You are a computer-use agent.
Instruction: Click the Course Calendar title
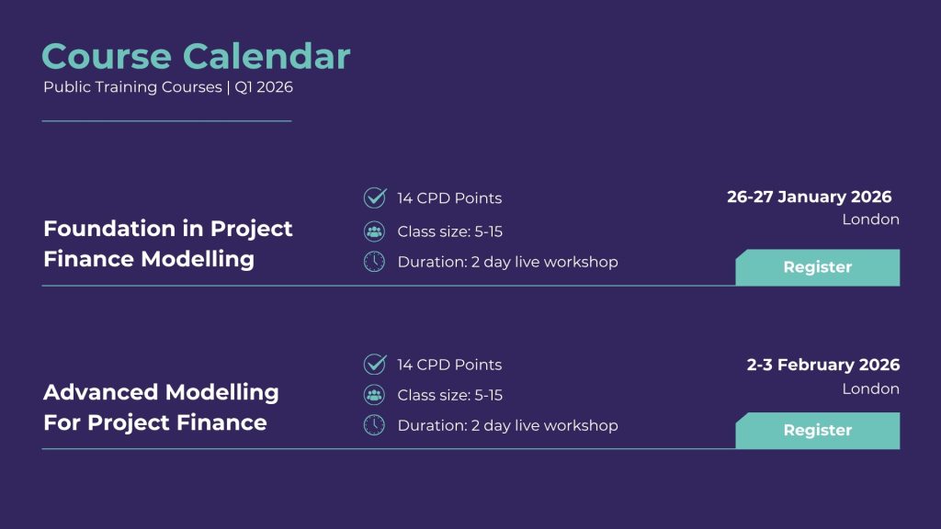coord(196,56)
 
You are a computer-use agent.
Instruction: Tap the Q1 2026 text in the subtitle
coord(264,87)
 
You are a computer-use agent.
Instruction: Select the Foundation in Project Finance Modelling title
coord(168,243)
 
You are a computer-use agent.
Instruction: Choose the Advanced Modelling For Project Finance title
coord(161,407)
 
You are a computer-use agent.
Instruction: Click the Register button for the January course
coord(817,267)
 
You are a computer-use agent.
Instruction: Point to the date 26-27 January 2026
coord(809,197)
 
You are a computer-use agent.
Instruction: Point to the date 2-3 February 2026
coord(822,365)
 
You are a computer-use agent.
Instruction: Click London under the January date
coord(870,219)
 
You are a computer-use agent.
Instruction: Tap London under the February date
coord(870,388)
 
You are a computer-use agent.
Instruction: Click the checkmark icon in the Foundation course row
coord(375,197)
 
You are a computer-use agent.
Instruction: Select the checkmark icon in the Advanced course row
coord(375,364)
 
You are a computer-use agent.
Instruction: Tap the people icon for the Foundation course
coord(375,231)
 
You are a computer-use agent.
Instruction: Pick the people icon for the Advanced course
coord(375,395)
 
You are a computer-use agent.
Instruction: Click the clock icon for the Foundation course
coord(375,262)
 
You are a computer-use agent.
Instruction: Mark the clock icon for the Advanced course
coord(375,424)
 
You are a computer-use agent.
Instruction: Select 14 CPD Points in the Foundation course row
coord(449,198)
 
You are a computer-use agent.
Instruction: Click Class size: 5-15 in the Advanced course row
coord(450,395)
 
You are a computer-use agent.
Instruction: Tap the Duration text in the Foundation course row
coord(507,262)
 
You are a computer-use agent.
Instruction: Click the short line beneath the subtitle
coord(167,121)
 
